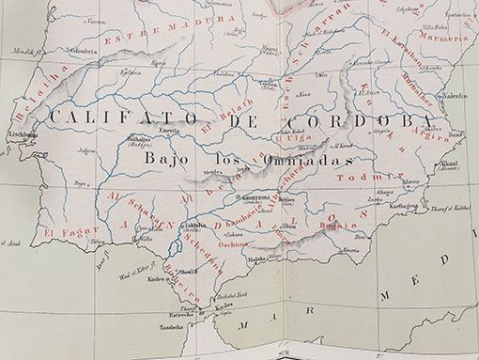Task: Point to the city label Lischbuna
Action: click(23, 134)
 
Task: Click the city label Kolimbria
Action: click(83, 51)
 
